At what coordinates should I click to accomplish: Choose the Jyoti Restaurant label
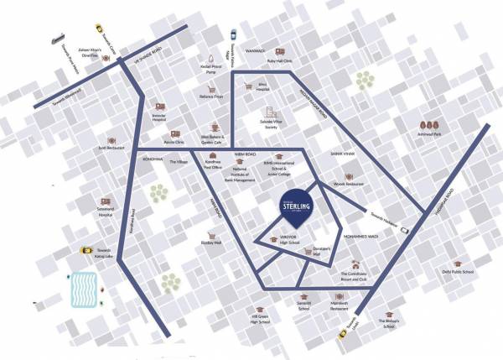coord(111,148)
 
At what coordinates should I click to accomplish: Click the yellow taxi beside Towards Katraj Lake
coord(85,250)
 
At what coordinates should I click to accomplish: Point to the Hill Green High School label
coord(265,318)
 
